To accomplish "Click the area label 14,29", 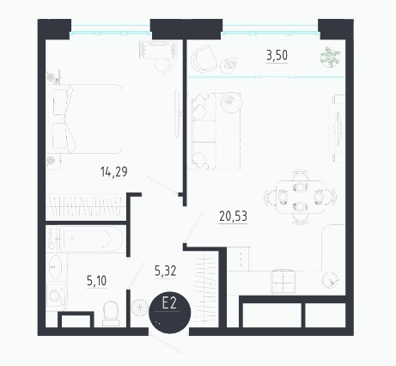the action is click(x=114, y=172).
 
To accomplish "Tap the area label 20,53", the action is click(x=233, y=216).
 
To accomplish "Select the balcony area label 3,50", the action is click(x=277, y=55).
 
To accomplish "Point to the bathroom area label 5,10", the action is click(x=96, y=281).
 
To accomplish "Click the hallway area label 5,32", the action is click(x=166, y=271).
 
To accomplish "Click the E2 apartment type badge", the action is click(x=170, y=313).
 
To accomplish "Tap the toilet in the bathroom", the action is click(x=111, y=314).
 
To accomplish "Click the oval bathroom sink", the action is click(x=55, y=266).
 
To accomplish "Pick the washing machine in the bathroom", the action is click(x=57, y=296).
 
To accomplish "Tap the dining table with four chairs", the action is click(x=300, y=198).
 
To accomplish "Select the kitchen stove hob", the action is click(x=283, y=282).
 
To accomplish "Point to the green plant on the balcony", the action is click(x=330, y=57).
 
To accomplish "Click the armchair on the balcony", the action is click(x=204, y=58).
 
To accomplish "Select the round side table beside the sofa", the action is click(x=231, y=102).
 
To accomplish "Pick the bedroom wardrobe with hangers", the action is click(x=86, y=206).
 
